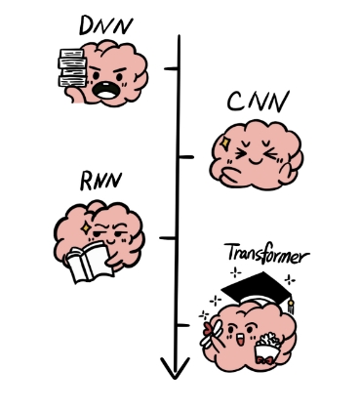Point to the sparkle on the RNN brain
[87, 225]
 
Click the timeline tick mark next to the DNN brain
[173, 68]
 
